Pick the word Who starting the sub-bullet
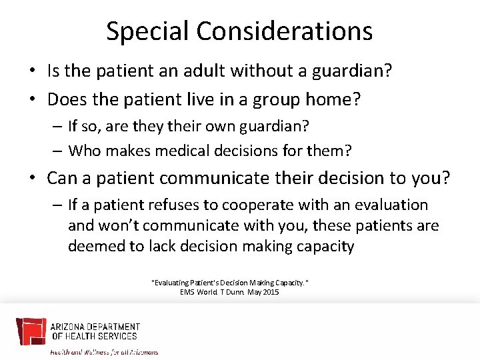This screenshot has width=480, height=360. pos(83,150)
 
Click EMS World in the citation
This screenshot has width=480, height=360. pos(199,292)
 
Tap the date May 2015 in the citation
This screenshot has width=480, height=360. pos(263,292)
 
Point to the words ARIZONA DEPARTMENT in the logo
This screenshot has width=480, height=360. pos(95,327)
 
